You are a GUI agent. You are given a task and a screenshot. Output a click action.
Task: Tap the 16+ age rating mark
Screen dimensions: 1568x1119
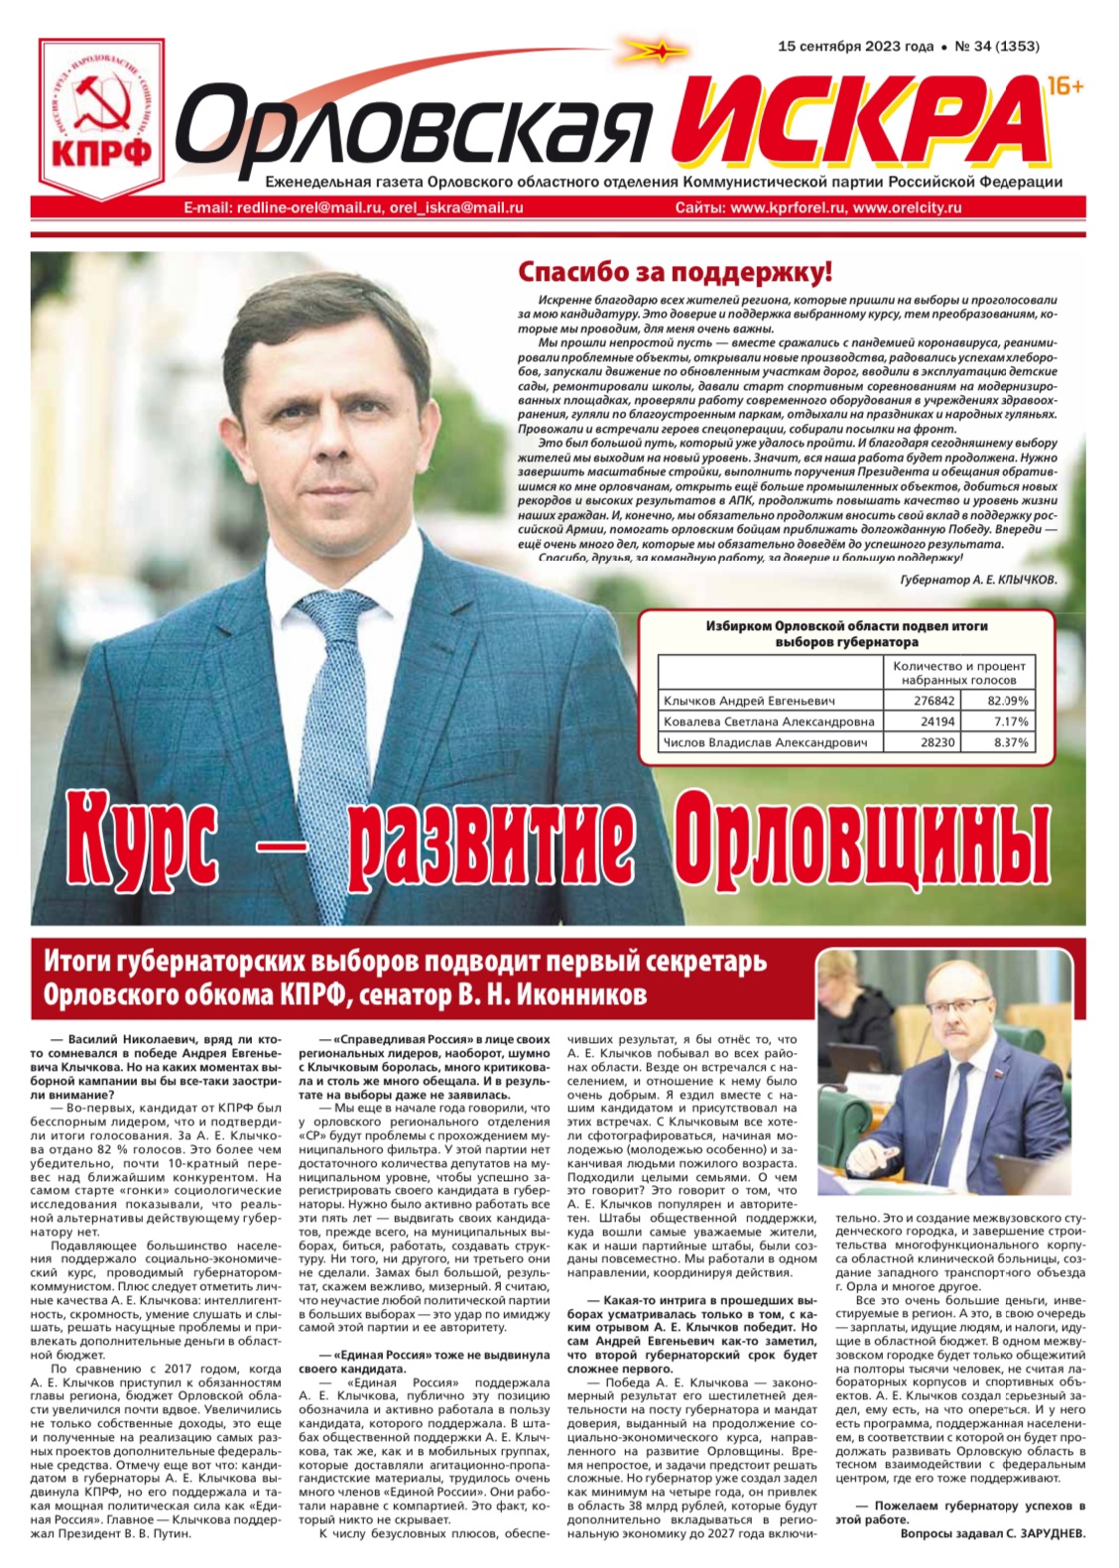1064,87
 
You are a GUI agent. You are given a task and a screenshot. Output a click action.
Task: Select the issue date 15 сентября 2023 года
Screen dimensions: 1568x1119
855,46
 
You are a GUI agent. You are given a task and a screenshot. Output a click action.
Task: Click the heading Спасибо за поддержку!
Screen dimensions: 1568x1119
675,272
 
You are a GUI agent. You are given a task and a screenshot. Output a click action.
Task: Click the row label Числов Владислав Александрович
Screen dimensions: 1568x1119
765,742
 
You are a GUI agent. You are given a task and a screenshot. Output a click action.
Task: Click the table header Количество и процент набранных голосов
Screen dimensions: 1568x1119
958,673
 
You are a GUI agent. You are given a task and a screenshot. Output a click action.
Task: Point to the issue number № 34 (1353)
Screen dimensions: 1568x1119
996,46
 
